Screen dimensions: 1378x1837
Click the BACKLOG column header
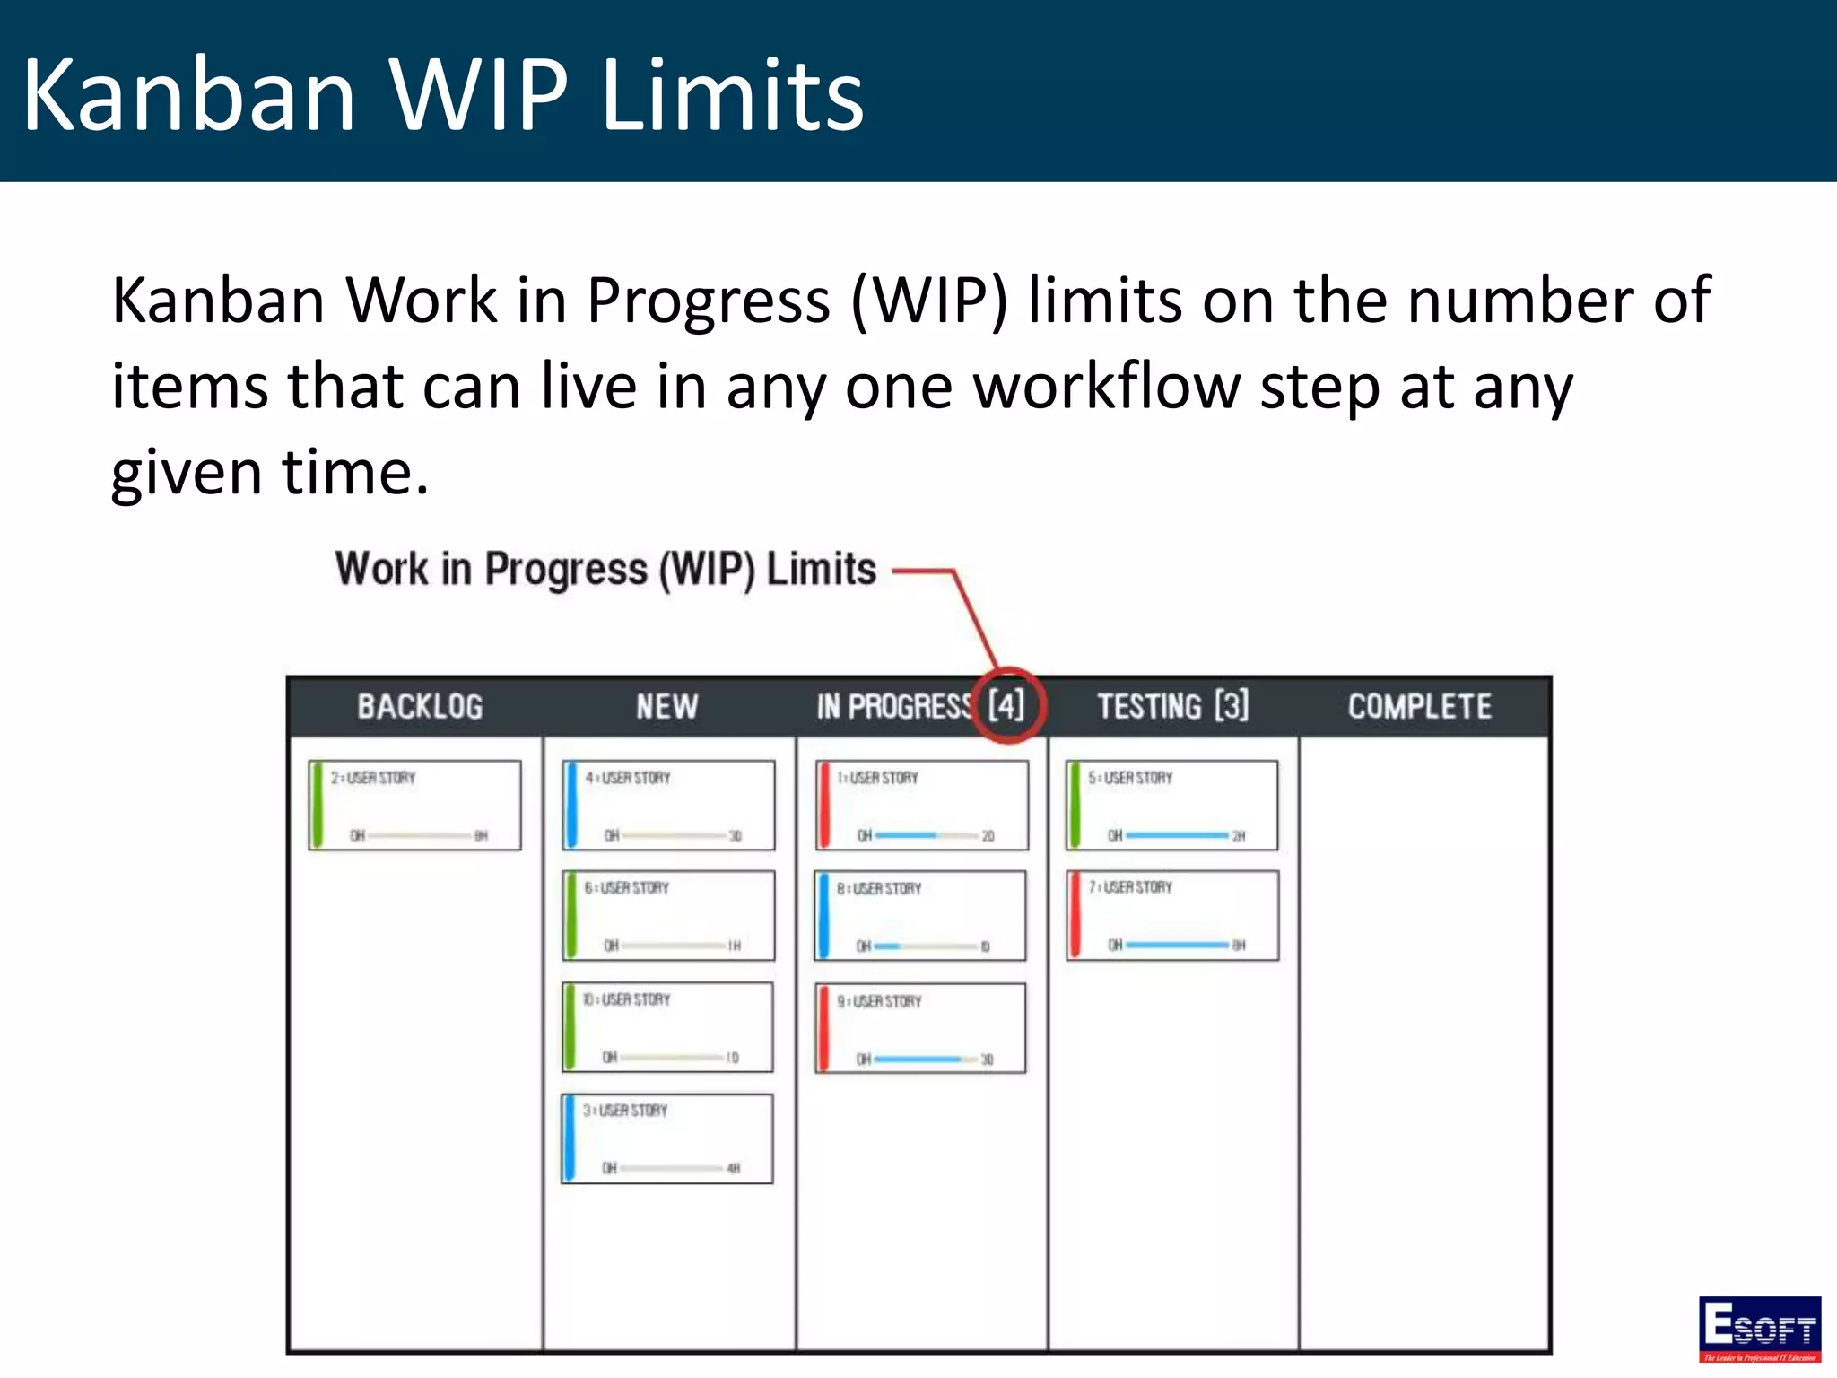pos(420,707)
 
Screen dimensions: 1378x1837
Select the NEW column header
pos(666,707)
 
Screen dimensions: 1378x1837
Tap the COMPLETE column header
pos(1420,707)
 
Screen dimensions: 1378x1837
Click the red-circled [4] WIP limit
pos(1006,706)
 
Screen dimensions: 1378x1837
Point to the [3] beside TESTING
pos(1232,706)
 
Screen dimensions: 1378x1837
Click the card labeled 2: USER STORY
pos(415,805)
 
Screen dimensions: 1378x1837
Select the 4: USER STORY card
pos(668,805)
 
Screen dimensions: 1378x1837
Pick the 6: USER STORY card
pos(668,915)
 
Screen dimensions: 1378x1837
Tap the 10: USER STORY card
pos(667,1027)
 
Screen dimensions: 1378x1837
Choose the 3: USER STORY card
pos(667,1138)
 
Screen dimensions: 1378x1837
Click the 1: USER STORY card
pos(922,805)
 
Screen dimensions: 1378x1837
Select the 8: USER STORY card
pos(920,916)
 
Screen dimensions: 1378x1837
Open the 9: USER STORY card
pos(920,1028)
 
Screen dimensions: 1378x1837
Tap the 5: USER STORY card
pos(1172,805)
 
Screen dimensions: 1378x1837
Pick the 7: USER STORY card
pos(1172,915)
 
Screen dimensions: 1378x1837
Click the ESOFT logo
pos(1760,1328)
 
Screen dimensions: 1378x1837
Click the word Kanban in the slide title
pos(189,95)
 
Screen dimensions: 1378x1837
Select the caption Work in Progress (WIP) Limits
pos(605,569)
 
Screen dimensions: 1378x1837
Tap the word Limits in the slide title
pos(731,95)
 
